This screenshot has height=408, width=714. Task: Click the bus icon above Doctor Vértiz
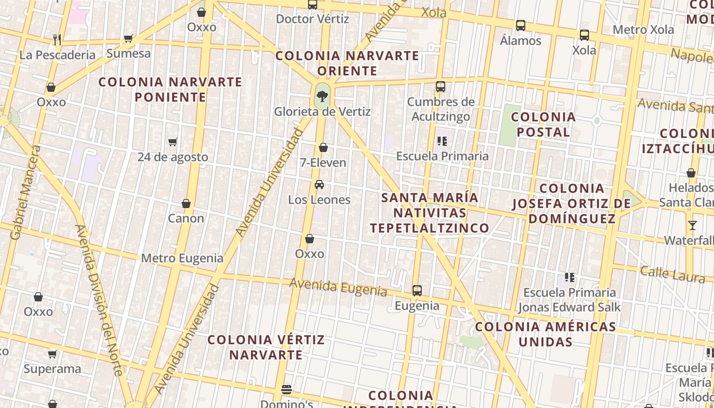[x=313, y=5]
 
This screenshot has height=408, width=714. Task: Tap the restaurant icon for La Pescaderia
[x=57, y=39]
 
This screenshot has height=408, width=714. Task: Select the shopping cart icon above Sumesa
[x=129, y=38]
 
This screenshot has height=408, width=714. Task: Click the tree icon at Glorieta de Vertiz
[x=322, y=95]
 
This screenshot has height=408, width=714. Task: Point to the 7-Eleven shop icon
[x=323, y=148]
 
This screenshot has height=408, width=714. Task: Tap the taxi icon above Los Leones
[x=319, y=185]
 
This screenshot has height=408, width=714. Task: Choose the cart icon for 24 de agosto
[x=173, y=142]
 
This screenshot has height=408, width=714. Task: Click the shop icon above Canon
[x=186, y=203]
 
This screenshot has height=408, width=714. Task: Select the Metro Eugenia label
[x=182, y=258]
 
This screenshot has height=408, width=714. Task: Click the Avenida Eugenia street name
[x=338, y=287]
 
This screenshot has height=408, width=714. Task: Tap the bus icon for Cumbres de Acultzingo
[x=441, y=87]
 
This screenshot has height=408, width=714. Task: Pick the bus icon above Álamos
[x=520, y=25]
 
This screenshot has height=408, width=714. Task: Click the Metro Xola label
[x=643, y=30]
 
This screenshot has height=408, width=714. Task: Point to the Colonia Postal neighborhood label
[x=543, y=124]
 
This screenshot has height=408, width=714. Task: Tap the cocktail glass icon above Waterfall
[x=692, y=225]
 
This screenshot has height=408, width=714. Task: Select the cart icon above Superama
[x=52, y=354]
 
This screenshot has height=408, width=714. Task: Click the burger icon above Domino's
[x=287, y=390]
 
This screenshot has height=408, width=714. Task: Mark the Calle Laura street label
[x=673, y=274]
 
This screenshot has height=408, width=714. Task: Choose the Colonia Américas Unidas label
[x=545, y=334]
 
